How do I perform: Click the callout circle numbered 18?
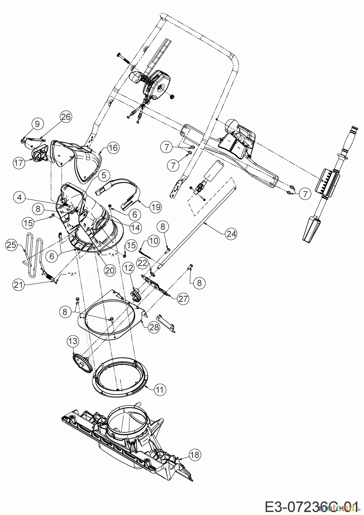(x=195, y=455)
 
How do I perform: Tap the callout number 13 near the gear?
(x=73, y=341)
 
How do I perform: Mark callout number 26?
(x=66, y=117)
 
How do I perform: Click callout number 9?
(x=37, y=124)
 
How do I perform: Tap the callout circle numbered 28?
(x=154, y=327)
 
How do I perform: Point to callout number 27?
(x=183, y=299)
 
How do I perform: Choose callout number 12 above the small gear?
(x=129, y=268)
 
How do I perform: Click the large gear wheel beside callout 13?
(x=82, y=363)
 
